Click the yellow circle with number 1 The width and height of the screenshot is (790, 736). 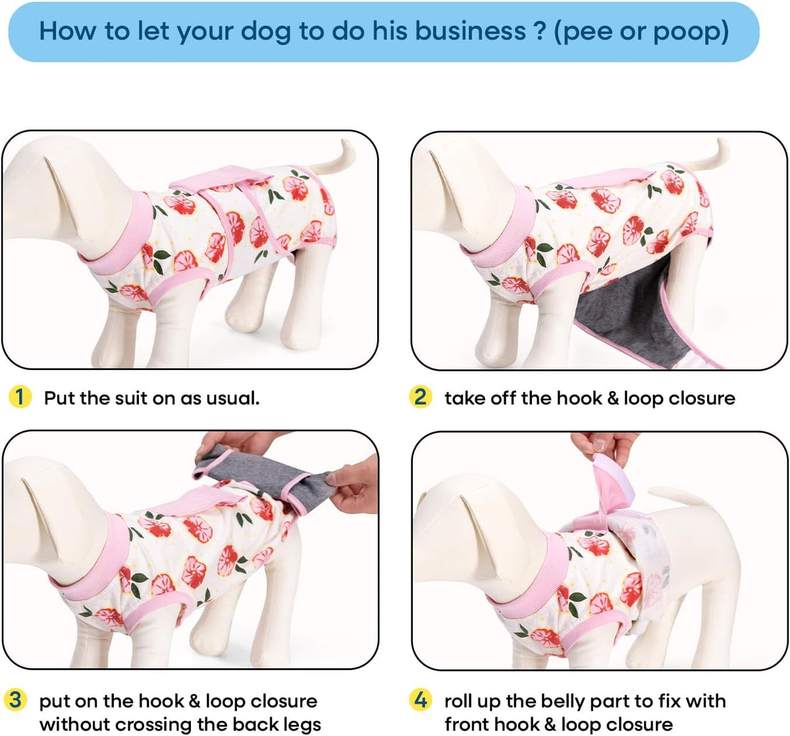tap(20, 397)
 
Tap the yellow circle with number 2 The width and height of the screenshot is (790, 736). tap(420, 397)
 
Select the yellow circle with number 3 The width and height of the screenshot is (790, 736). tap(15, 700)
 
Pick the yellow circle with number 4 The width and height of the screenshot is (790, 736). tap(420, 700)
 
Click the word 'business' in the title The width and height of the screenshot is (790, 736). tap(471, 31)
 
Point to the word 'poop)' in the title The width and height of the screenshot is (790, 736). tap(691, 32)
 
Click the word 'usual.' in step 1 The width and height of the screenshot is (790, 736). tap(232, 398)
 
